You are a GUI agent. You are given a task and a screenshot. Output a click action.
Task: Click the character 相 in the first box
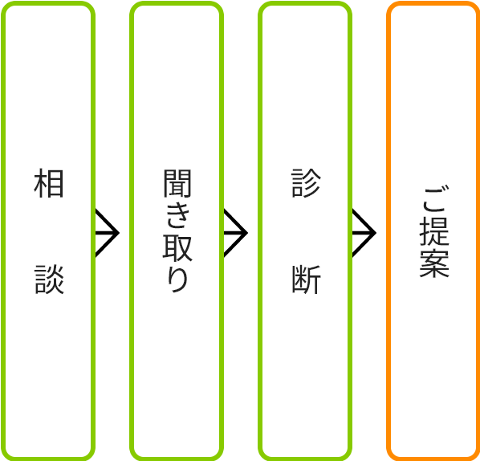[48, 184]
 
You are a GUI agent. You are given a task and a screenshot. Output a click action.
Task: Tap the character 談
[48, 279]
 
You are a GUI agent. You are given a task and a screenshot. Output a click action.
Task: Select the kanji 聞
[177, 183]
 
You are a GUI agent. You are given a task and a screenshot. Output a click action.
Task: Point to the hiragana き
[177, 214]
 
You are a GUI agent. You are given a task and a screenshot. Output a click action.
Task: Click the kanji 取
[177, 247]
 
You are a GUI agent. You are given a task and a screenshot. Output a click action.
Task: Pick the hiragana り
[177, 279]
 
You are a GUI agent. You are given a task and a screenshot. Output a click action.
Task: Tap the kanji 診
[305, 184]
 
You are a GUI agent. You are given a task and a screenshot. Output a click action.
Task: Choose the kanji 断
[305, 279]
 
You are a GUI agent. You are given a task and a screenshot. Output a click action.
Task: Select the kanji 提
[433, 231]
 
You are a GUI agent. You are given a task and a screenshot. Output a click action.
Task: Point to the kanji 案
[433, 263]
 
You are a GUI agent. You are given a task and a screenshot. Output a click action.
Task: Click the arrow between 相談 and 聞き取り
[108, 233]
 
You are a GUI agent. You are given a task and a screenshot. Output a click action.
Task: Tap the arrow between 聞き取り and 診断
[236, 233]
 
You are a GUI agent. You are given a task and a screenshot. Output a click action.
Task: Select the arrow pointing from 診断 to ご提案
[364, 233]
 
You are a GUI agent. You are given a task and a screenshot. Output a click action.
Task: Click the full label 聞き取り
[177, 231]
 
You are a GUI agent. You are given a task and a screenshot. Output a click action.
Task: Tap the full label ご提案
[433, 231]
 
